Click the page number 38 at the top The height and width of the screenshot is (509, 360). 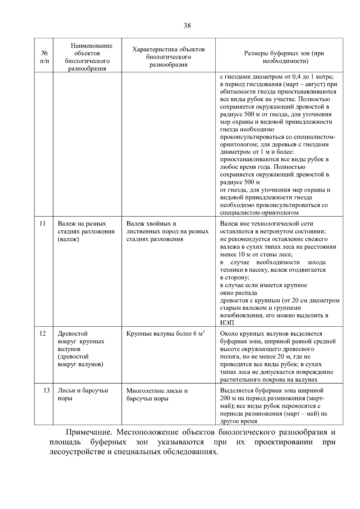coord(187,25)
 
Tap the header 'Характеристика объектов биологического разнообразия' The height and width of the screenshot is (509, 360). coord(168,57)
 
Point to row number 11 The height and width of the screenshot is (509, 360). coord(43,224)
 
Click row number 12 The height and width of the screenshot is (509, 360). coord(43,334)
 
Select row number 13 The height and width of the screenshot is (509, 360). coord(46,391)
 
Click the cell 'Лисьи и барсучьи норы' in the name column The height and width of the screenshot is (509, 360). coord(82,394)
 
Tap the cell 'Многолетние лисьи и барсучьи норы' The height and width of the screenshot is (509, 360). coord(157,395)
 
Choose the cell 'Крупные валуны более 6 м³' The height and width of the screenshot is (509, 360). coord(166,334)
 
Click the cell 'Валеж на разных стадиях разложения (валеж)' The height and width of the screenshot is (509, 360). coord(86,232)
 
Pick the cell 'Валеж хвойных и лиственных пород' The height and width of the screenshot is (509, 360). coord(167,232)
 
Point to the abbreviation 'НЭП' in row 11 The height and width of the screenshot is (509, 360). coord(227,323)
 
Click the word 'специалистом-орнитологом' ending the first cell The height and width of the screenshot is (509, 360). coord(259,213)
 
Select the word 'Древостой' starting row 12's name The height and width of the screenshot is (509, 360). coord(73,334)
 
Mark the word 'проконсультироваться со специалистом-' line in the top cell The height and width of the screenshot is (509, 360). coord(277,137)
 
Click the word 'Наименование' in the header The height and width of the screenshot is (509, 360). coord(91,46)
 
